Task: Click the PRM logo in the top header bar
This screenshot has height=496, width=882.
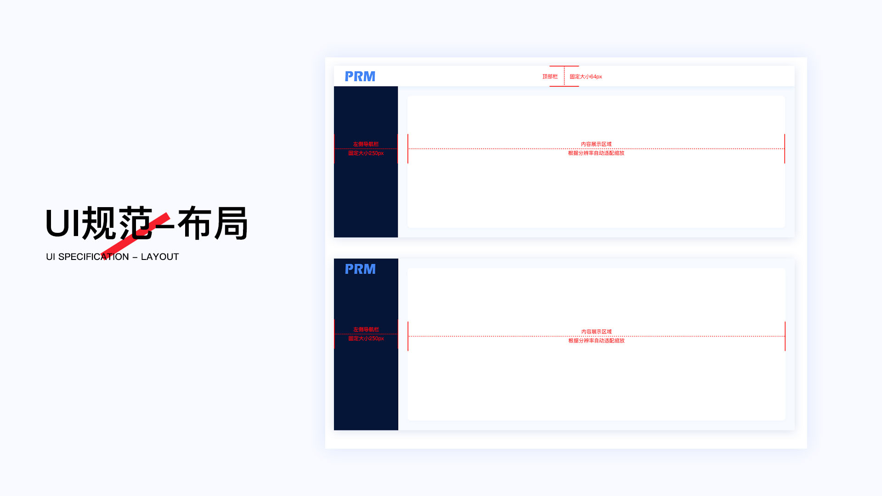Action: (360, 76)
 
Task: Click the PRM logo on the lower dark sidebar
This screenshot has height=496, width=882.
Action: (360, 269)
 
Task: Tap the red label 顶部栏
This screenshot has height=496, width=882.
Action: (550, 77)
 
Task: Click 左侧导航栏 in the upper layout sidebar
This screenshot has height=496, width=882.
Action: (366, 144)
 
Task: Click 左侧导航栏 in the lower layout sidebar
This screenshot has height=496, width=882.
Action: (366, 329)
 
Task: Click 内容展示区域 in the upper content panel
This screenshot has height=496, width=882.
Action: (596, 144)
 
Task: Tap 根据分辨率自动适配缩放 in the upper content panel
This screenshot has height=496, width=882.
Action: (596, 153)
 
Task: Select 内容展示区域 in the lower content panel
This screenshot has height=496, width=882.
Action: (596, 332)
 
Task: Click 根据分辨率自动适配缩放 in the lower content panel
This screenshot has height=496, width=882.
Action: (596, 341)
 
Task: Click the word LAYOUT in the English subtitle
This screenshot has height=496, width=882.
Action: (159, 257)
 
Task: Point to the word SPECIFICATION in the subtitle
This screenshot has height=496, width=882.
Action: (93, 257)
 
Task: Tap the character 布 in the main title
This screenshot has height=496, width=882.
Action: (194, 223)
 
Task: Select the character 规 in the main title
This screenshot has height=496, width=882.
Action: (99, 223)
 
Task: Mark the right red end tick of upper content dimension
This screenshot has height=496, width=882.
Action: (785, 149)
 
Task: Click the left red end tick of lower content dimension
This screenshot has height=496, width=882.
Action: (408, 336)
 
